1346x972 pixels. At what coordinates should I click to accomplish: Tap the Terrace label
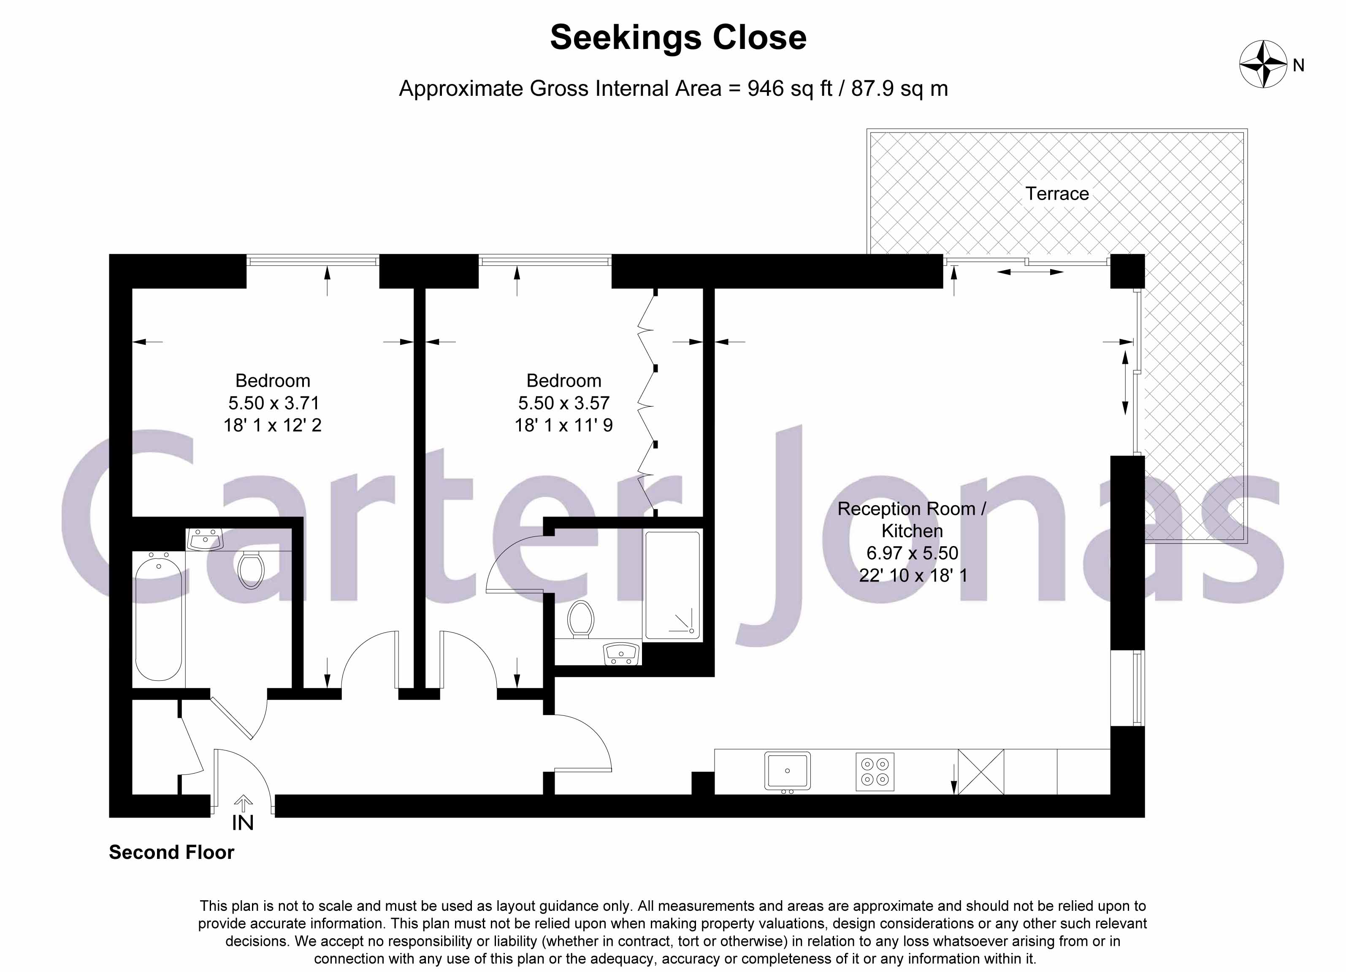(x=1057, y=194)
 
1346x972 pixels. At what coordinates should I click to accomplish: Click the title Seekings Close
(x=678, y=38)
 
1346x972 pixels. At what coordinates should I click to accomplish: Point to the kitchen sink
(x=787, y=770)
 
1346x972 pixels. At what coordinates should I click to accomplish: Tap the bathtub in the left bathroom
(x=158, y=617)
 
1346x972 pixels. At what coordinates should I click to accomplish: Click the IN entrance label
(x=243, y=823)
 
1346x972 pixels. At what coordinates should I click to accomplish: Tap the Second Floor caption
(x=171, y=852)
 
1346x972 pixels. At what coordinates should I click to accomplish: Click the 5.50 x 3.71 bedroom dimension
(x=274, y=403)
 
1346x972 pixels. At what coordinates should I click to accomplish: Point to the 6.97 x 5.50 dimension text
(x=912, y=553)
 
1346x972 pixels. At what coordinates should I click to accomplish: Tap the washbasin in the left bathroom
(x=204, y=539)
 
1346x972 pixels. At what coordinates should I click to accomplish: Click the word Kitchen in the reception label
(x=912, y=531)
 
